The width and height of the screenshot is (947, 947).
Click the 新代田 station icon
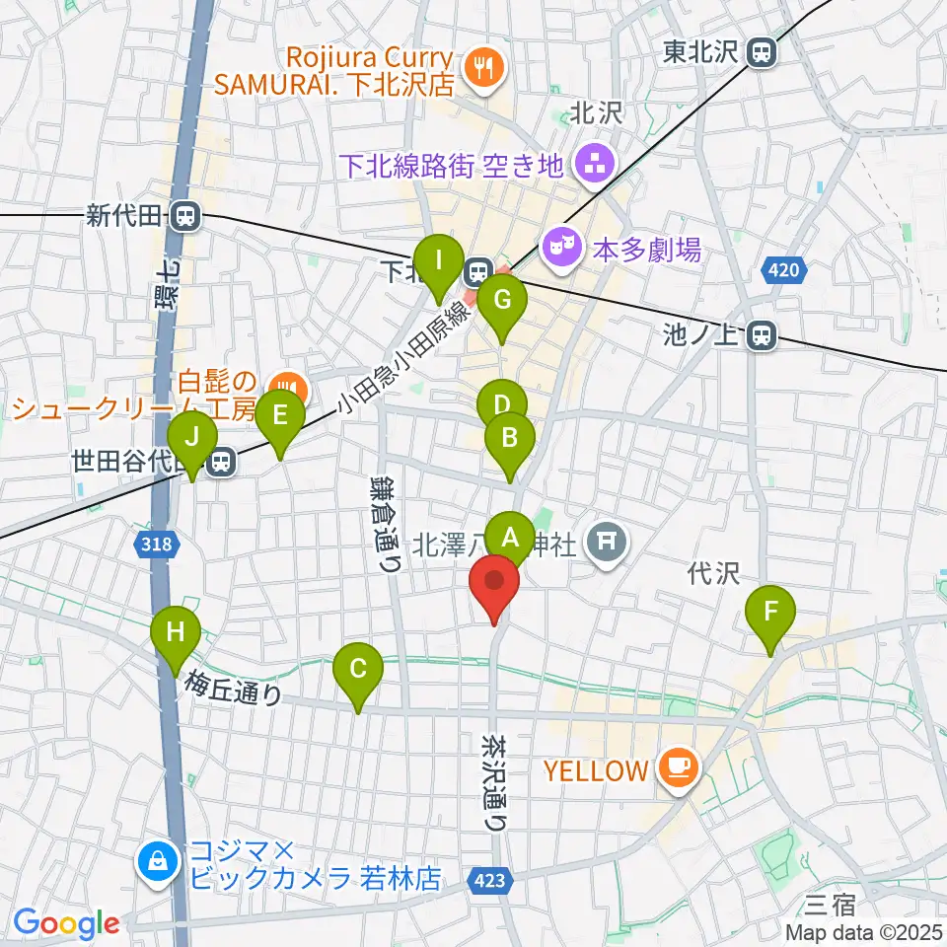[x=182, y=216]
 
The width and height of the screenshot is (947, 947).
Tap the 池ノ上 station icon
[x=761, y=336]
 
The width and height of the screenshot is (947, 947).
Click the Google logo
[x=66, y=924]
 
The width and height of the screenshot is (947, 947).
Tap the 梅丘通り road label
[x=234, y=688]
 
